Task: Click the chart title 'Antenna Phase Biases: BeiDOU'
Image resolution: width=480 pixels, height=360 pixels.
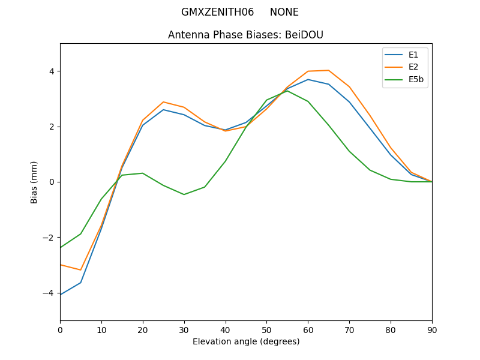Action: pos(245,35)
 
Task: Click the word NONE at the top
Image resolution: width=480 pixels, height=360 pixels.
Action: pos(284,12)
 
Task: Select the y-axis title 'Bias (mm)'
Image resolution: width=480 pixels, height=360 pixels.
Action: pos(34,182)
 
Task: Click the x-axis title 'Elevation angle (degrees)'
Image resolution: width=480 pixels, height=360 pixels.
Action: pos(246,341)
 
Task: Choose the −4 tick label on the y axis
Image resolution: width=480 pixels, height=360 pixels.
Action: pos(50,293)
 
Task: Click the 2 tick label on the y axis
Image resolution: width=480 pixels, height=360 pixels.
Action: pos(52,127)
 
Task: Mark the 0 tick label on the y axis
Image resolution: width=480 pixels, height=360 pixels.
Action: pos(52,182)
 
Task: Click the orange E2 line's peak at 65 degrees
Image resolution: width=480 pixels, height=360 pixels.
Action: pos(329,70)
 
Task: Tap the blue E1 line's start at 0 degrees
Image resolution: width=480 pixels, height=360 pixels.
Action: pos(61,295)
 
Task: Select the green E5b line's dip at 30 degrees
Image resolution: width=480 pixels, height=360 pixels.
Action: pos(184,194)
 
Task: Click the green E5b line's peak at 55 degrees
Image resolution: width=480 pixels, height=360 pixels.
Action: pos(287,91)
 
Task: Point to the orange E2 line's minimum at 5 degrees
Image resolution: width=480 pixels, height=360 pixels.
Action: pos(80,270)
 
